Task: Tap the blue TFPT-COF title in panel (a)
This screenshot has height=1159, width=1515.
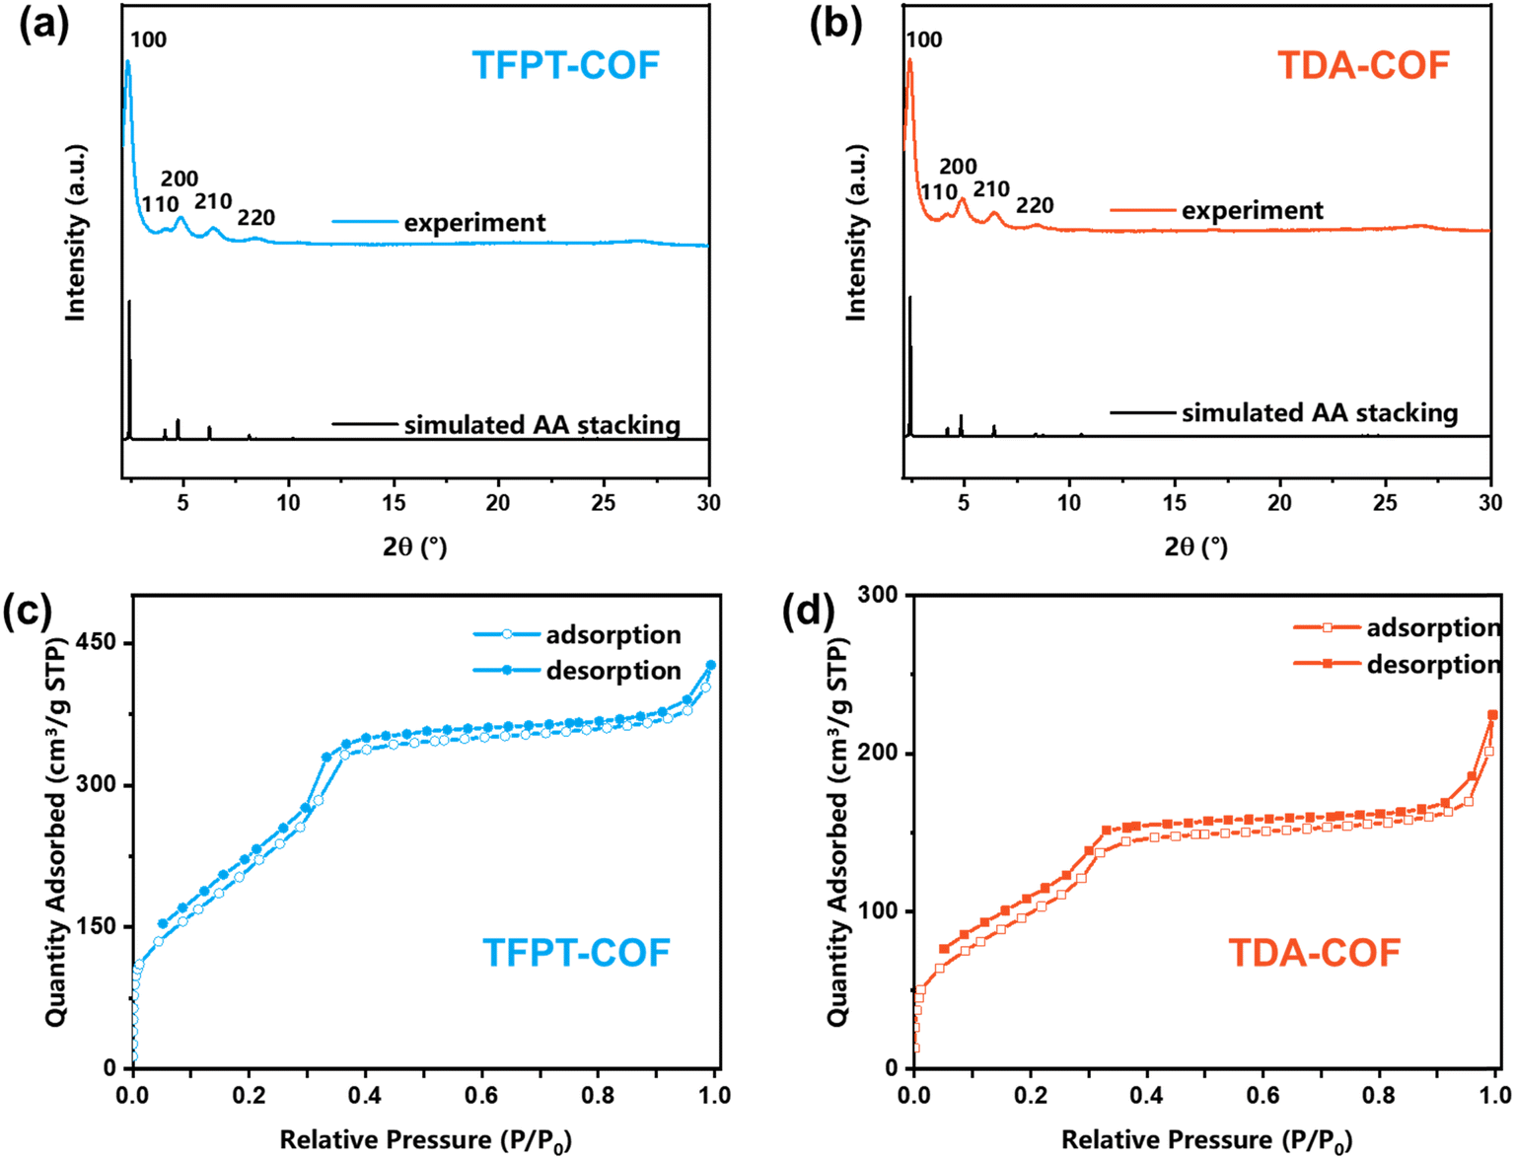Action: (565, 66)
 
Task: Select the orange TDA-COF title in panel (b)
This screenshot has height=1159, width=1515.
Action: (1363, 66)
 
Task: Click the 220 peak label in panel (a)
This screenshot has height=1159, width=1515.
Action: (255, 218)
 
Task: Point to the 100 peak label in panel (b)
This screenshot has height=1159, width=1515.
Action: (923, 40)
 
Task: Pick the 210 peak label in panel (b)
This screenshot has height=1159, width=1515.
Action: (991, 189)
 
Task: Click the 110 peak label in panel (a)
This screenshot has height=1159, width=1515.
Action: (160, 205)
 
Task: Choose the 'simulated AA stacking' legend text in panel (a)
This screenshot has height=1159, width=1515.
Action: (541, 425)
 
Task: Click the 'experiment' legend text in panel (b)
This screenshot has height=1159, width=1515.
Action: (1253, 211)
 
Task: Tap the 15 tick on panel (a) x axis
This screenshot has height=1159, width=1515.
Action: (394, 503)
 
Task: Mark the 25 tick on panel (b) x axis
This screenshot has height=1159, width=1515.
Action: (1385, 503)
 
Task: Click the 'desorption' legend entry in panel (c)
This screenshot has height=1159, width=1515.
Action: (613, 671)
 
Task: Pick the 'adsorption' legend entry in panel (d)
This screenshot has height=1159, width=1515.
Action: (1433, 628)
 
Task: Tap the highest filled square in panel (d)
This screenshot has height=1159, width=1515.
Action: (1492, 715)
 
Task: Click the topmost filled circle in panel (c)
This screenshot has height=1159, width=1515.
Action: (710, 666)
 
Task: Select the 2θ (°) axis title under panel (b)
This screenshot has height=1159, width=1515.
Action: (1195, 546)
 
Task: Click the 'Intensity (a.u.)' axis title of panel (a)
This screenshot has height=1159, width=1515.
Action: (76, 233)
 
